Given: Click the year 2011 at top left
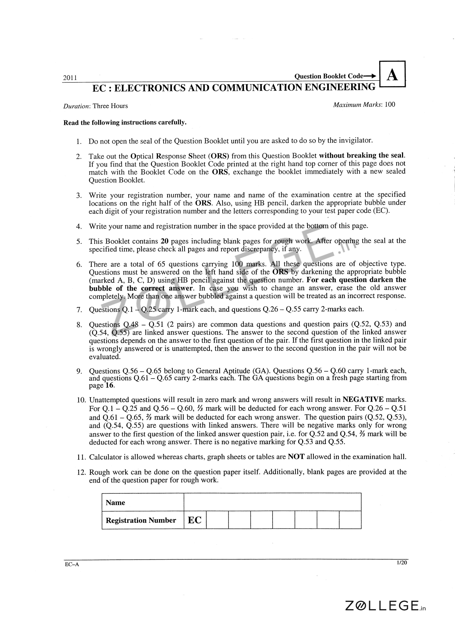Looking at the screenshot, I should [70, 78].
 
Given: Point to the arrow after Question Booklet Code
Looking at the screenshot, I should [370, 76].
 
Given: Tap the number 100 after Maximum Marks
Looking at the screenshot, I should [390, 104].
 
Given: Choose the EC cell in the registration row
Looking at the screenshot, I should [195, 520].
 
